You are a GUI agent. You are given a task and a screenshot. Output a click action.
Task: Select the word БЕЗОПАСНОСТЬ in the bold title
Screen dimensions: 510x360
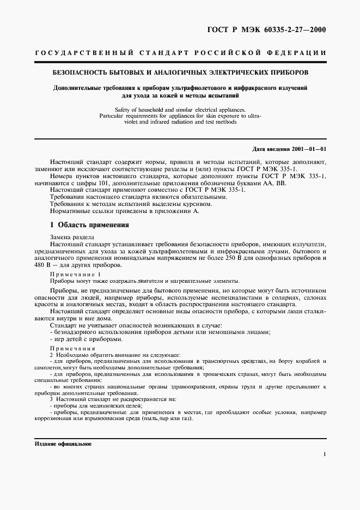[x=78, y=72]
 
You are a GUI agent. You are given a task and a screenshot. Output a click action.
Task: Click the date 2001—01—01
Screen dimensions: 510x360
[x=307, y=148]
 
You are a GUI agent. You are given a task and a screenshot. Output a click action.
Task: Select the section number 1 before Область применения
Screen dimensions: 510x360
[x=51, y=224]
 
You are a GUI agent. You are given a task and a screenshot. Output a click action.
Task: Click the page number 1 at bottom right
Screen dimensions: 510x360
[x=324, y=453]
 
